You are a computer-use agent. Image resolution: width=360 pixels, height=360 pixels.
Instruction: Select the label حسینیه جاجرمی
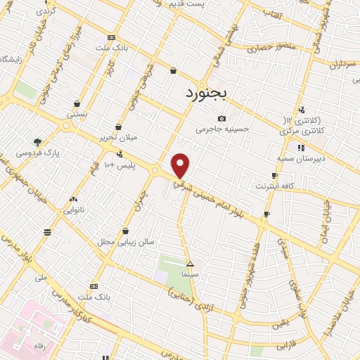coord(221,129)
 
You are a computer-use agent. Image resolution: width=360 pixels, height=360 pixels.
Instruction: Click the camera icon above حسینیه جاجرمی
coord(221,118)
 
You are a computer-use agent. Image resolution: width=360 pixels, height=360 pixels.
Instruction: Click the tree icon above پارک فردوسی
coord(37,141)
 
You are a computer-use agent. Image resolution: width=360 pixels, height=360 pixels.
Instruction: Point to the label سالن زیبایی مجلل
coord(124,241)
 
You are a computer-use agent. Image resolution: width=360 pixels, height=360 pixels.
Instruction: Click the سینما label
coord(190,274)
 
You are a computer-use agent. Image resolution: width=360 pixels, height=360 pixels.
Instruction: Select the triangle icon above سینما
coord(190,263)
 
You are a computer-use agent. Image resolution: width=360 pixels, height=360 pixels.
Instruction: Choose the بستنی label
coord(77,114)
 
